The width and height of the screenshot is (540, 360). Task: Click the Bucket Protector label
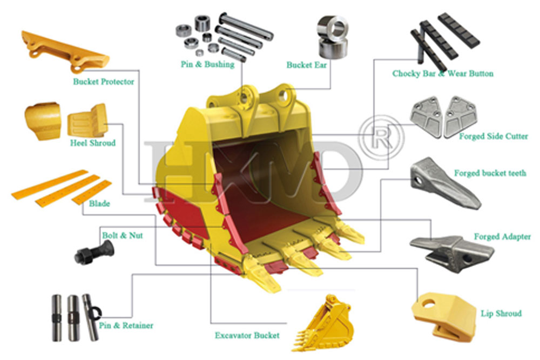(104, 82)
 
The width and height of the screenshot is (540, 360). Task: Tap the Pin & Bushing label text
(207, 64)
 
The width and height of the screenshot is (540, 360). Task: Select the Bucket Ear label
(307, 65)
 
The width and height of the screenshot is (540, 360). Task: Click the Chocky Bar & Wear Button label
(443, 73)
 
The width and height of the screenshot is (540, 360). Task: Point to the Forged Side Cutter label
(494, 137)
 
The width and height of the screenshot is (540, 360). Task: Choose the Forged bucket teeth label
(490, 173)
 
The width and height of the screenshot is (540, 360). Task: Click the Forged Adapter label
(502, 237)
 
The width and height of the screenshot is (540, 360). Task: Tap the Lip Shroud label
(501, 313)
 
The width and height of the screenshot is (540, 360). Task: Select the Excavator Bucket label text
(247, 335)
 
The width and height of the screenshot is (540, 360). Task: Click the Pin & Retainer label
(126, 325)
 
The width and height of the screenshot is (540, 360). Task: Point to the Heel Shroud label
(92, 144)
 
